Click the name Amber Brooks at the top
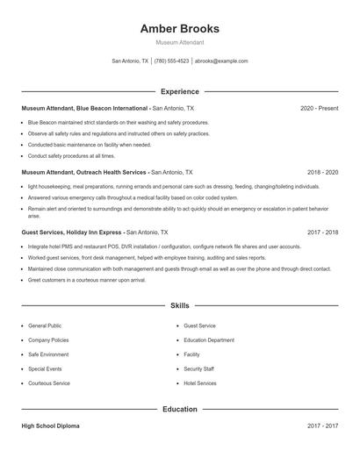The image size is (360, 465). [180, 28]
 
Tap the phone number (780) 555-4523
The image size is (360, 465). [172, 61]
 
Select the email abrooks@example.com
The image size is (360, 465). [221, 61]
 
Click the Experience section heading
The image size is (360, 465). [180, 91]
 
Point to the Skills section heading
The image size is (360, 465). [180, 305]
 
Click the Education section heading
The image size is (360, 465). [180, 409]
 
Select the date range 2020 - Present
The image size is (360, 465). [319, 108]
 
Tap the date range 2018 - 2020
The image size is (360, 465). [322, 173]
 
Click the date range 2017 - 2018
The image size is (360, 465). [322, 232]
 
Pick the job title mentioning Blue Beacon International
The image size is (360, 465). [84, 108]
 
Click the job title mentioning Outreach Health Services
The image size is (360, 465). [84, 173]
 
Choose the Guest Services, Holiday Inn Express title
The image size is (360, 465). [72, 232]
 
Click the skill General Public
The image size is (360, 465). [45, 325]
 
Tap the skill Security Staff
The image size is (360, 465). [198, 368]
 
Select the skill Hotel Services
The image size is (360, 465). [200, 383]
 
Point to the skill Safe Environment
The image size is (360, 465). [47, 354]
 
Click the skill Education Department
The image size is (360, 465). [209, 340]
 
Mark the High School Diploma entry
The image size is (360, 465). [51, 426]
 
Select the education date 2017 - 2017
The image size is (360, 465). [322, 426]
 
